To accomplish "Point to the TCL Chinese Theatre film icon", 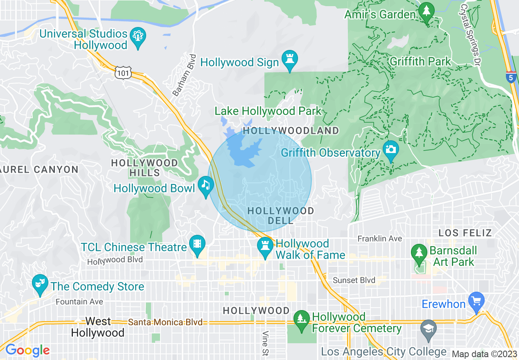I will tap(197, 244).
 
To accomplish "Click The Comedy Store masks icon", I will tap(40, 283).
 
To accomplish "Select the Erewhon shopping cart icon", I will tap(476, 301).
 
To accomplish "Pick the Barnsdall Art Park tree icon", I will tap(418, 252).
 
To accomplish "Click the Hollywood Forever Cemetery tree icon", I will tap(302, 319).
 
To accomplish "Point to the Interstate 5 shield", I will tap(510, 77).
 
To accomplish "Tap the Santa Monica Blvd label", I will tap(165, 322).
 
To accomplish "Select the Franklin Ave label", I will tap(379, 239).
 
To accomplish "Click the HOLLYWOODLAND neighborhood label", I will tap(291, 131).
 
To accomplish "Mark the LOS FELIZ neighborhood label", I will tap(465, 233).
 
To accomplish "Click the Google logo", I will tap(27, 350).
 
